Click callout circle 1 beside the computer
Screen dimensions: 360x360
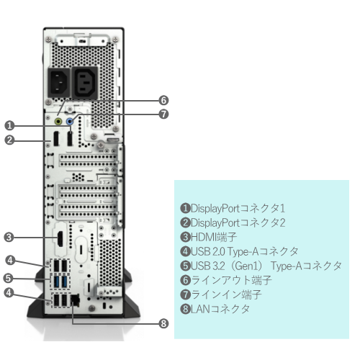[9, 124]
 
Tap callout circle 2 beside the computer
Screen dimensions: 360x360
[9, 140]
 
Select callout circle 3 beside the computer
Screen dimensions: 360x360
[9, 235]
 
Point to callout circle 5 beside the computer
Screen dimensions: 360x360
[9, 276]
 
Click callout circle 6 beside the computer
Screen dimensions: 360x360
[163, 100]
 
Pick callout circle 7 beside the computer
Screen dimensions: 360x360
[163, 114]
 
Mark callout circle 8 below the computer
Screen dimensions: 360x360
[163, 323]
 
